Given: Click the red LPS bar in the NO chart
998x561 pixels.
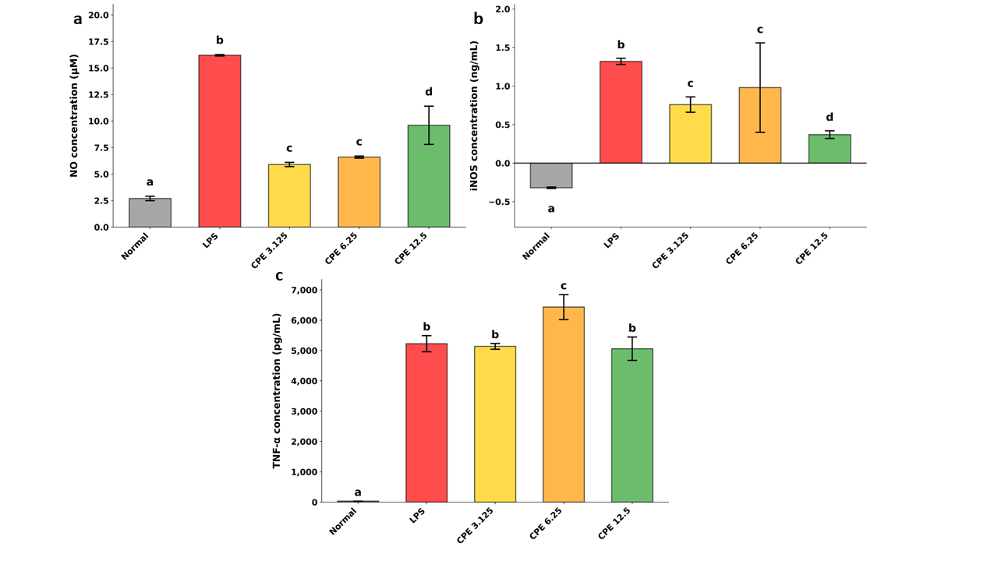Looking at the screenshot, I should (x=219, y=140).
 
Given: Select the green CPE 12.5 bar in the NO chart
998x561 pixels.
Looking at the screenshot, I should (x=428, y=176).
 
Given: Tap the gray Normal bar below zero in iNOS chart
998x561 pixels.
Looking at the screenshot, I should (x=550, y=175).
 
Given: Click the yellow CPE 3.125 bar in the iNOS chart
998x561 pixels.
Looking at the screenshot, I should (x=690, y=133).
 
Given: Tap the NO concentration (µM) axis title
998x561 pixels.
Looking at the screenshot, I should (x=74, y=115).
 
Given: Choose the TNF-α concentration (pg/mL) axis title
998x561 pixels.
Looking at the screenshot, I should (x=277, y=390).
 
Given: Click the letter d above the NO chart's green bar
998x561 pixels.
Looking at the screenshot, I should (x=428, y=92).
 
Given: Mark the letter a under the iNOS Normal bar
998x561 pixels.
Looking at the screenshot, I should (x=550, y=209).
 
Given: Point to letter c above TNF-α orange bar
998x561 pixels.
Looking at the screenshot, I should (x=563, y=286).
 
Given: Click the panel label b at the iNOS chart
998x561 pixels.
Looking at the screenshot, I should (x=478, y=19).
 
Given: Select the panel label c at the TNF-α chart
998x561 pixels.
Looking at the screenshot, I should (x=279, y=276).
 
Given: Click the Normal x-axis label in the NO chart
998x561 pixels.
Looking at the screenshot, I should (x=136, y=245).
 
